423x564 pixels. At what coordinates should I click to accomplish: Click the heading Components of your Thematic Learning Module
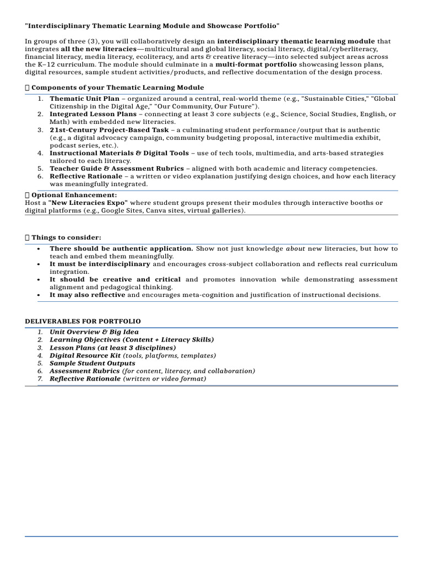click(117, 88)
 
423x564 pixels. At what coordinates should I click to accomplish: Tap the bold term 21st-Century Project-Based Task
click(110, 130)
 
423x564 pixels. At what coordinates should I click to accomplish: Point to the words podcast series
click(71, 145)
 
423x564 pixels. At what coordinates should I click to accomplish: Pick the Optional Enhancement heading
click(74, 195)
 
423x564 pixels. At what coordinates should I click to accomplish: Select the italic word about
click(295, 249)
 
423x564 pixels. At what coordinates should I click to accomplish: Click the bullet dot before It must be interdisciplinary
click(38, 264)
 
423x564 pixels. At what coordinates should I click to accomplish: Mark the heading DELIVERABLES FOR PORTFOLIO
click(83, 321)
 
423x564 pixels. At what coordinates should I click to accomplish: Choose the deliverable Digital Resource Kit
click(85, 356)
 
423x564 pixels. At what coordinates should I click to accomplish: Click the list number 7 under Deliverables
click(40, 379)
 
